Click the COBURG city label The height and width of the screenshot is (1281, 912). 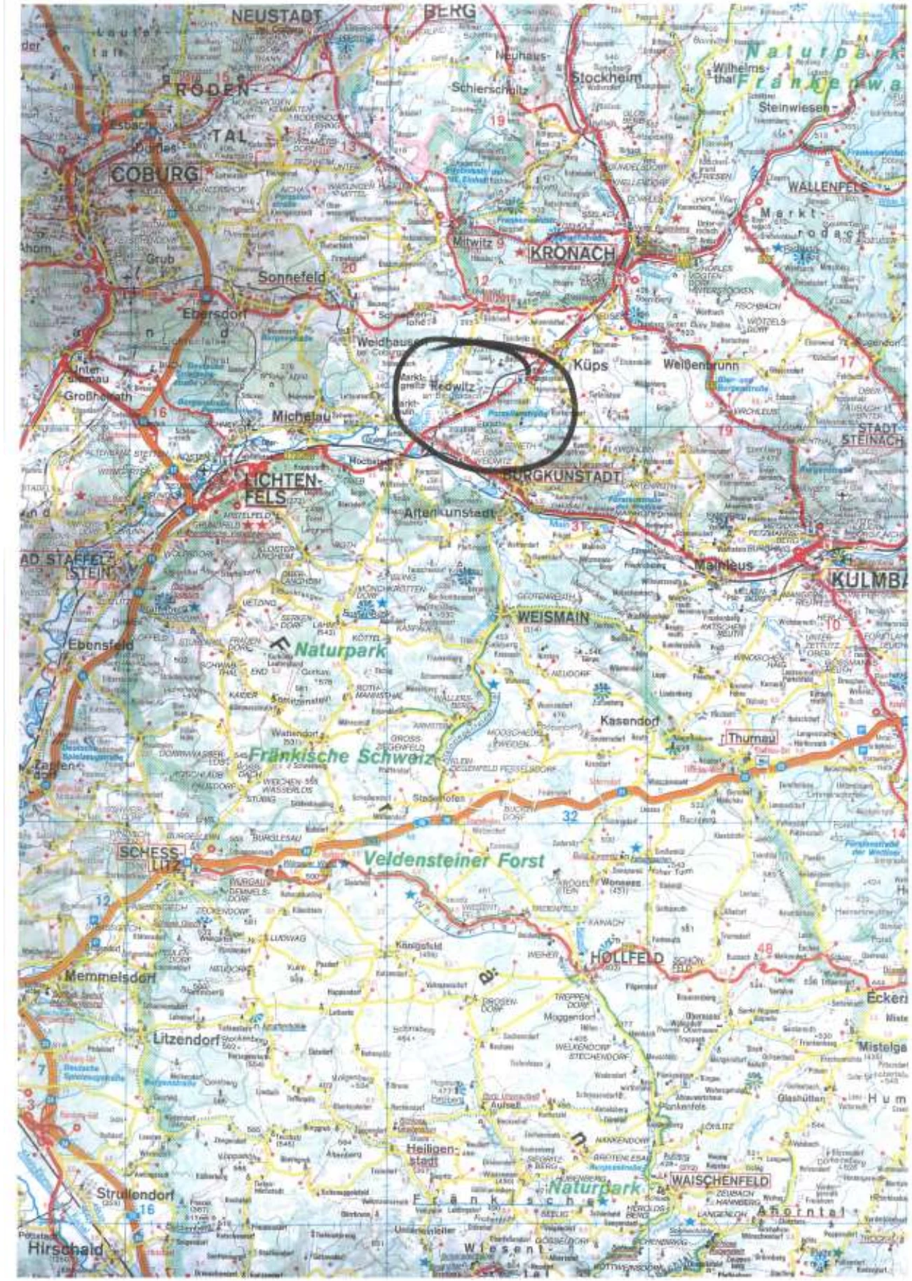[x=154, y=174]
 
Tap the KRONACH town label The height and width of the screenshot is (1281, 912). [x=571, y=254]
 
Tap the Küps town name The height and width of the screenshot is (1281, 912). [x=590, y=365]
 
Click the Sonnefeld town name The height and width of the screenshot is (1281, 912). [x=292, y=278]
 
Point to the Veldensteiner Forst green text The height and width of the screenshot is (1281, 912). [x=454, y=860]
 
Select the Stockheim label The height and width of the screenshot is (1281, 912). [x=606, y=78]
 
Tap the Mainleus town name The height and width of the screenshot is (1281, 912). [x=724, y=565]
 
